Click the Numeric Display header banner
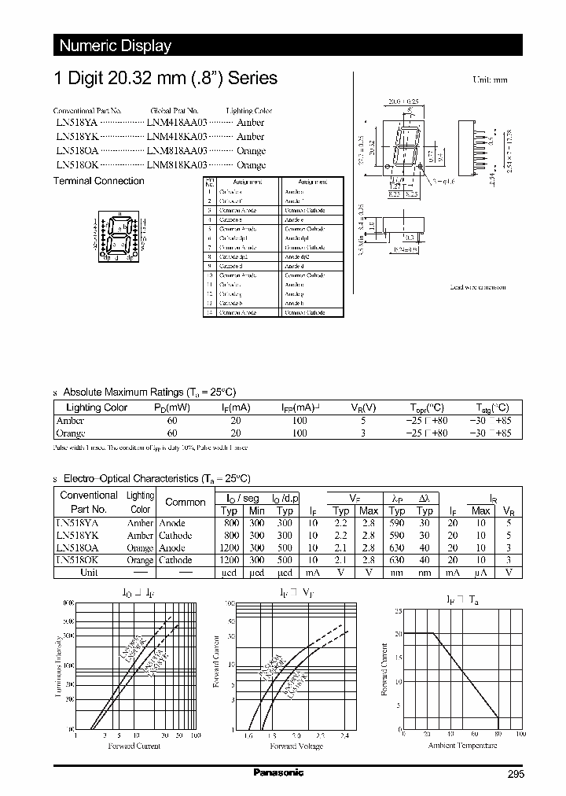[116, 46]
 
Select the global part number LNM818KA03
[177, 166]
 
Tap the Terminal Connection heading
[98, 182]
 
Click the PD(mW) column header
[172, 407]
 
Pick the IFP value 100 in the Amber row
[300, 421]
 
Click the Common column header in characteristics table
[185, 502]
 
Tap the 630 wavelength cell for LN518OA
[397, 547]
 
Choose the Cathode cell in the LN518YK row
[175, 535]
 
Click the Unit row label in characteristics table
[88, 573]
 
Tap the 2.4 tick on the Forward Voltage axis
[344, 735]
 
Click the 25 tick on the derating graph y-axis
[399, 610]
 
